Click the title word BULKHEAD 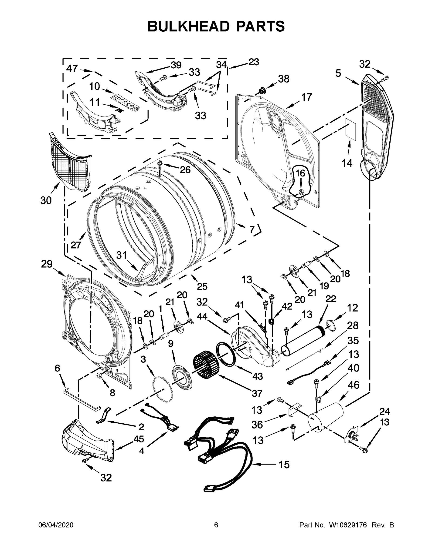tap(188, 26)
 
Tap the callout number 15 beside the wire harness tap(284, 465)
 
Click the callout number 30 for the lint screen tap(46, 201)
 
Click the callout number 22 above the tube tap(331, 299)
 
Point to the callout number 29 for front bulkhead tap(47, 264)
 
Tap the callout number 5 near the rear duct tap(338, 73)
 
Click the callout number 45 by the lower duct tap(139, 439)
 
